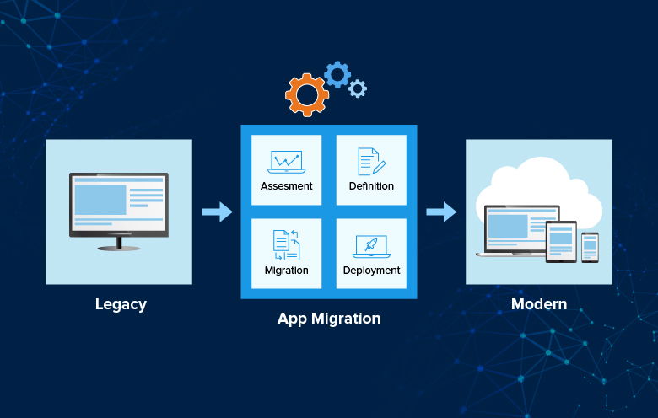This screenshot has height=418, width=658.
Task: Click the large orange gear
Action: click(306, 94)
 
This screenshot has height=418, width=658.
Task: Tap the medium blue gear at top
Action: click(337, 74)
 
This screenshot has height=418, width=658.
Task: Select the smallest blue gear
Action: click(358, 88)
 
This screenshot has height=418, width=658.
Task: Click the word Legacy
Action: click(121, 304)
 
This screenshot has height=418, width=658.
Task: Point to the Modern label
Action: click(539, 304)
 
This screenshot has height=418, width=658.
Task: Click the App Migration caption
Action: click(329, 319)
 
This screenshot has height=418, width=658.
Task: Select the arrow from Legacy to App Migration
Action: click(218, 212)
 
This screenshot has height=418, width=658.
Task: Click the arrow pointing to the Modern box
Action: click(440, 212)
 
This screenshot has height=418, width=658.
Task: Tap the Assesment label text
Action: click(286, 186)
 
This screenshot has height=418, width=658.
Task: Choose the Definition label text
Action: click(371, 186)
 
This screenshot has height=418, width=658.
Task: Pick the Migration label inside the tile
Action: click(286, 271)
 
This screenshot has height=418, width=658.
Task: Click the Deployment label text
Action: click(371, 271)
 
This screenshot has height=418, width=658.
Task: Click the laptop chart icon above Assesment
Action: click(286, 161)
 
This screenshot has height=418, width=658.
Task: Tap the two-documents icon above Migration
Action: click(286, 244)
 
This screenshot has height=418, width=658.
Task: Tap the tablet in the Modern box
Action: click(561, 241)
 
